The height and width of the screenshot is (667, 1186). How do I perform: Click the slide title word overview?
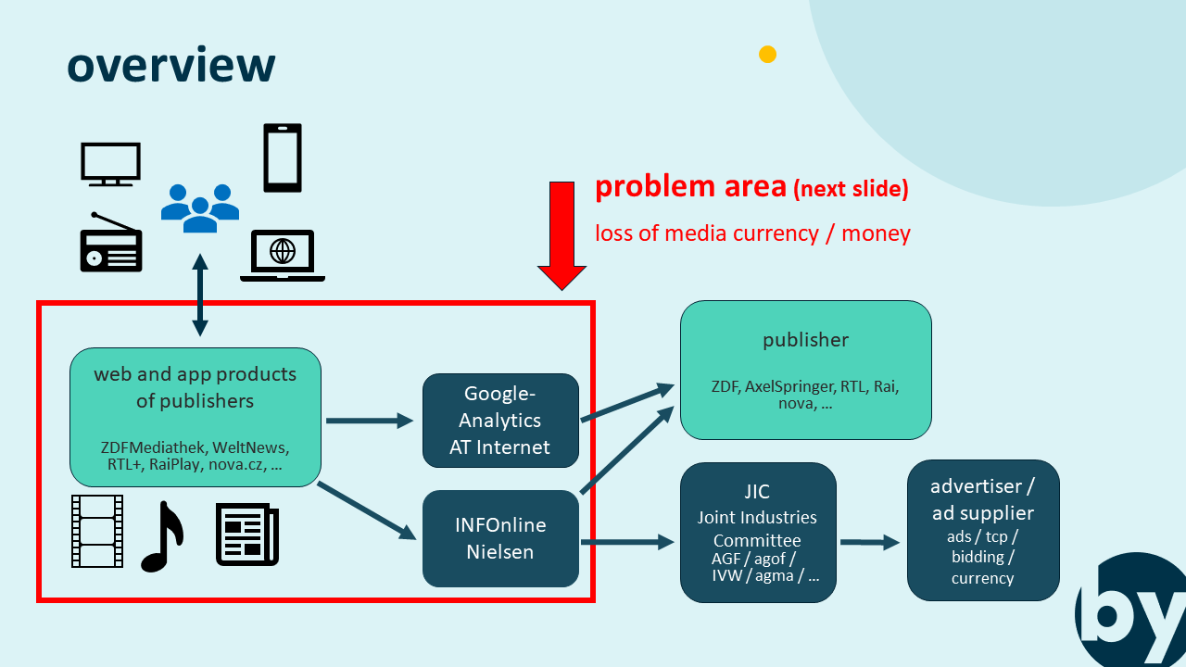(x=171, y=65)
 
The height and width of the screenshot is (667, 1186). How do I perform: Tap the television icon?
(x=110, y=164)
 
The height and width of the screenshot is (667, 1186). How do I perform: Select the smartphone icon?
(x=283, y=157)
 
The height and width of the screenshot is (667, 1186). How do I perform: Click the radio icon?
(x=111, y=243)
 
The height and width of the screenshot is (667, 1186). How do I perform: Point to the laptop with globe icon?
(x=283, y=255)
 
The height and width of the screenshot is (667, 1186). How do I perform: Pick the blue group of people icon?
(x=200, y=207)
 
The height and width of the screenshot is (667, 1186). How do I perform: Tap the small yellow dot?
(x=767, y=55)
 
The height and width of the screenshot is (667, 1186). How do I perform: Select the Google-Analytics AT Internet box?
(x=500, y=421)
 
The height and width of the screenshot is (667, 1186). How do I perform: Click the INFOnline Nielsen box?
(x=500, y=538)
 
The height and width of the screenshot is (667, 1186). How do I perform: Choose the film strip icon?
(x=97, y=531)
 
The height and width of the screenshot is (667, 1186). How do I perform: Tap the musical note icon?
(x=161, y=537)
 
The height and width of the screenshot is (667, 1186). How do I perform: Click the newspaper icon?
(x=247, y=534)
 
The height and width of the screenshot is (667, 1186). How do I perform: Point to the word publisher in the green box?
(x=805, y=340)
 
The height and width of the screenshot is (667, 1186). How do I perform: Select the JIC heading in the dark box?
(x=757, y=492)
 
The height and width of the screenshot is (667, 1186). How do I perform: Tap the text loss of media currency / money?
(x=752, y=233)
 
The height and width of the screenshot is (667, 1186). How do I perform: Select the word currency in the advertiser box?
(x=982, y=578)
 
